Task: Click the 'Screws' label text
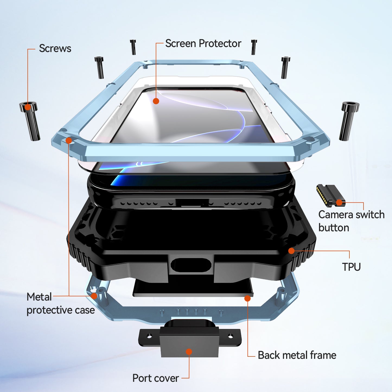tap(55, 48)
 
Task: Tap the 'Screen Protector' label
tap(203, 43)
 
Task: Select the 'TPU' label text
tap(351, 267)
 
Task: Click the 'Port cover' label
tap(156, 378)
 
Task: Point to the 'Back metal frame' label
tap(297, 355)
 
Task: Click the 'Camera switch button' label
tap(351, 221)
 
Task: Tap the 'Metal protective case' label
tap(60, 304)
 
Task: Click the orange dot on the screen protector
tap(156, 101)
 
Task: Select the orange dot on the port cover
tap(189, 352)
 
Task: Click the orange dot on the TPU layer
tap(291, 251)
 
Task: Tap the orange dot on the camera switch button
tap(339, 202)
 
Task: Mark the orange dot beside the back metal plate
tap(247, 298)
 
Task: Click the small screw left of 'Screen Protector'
tap(133, 47)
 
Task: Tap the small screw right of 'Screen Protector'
tap(254, 47)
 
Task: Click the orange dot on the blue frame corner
tap(69, 140)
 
